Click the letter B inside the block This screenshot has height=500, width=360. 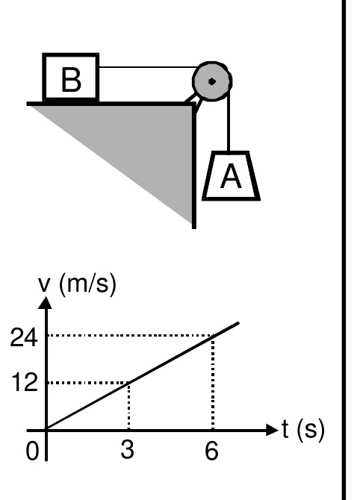[71, 79]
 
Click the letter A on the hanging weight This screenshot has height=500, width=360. [231, 178]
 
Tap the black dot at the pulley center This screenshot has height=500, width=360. [212, 81]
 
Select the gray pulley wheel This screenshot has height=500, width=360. [212, 81]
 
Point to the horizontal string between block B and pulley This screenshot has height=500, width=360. [148, 67]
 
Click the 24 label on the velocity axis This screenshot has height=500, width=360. [24, 338]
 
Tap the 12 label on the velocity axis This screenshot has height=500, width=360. [25, 383]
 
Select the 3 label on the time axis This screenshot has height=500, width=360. [127, 449]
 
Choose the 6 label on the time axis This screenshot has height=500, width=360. [212, 451]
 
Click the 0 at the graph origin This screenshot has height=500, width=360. [32, 451]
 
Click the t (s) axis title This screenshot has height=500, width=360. [303, 430]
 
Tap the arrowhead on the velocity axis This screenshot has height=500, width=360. [45, 303]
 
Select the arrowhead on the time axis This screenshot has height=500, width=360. [272, 430]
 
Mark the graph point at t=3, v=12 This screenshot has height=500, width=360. [129, 382]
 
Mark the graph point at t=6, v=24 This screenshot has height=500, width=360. [213, 335]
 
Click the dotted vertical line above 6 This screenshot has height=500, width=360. [213, 383]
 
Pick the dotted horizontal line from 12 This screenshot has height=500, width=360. [88, 383]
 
